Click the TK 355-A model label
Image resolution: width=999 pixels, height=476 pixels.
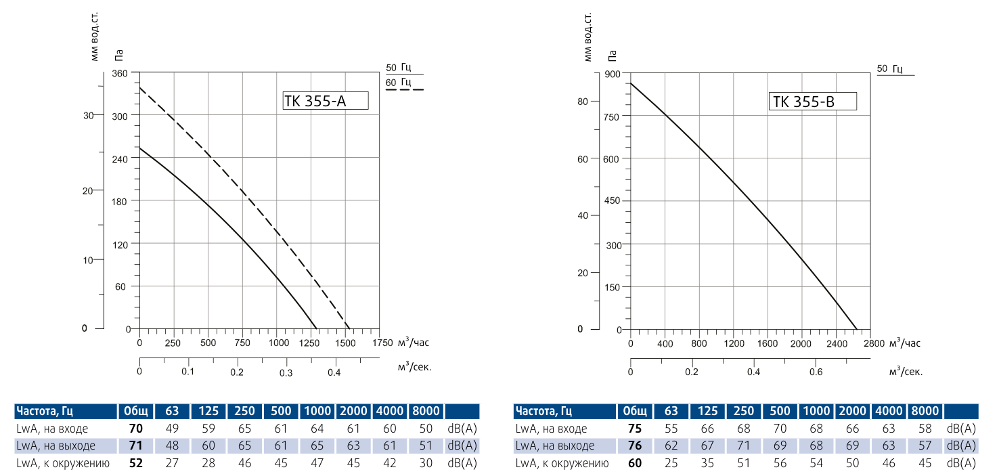[x=325, y=101]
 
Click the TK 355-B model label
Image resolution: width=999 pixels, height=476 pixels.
[x=813, y=102]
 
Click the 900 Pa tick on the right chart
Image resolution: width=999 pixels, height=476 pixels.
[x=613, y=74]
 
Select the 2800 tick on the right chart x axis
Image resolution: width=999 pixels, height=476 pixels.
[x=873, y=343]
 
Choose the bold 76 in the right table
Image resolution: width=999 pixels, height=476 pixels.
[x=634, y=446]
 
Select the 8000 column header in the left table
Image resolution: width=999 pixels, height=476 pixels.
[x=425, y=411]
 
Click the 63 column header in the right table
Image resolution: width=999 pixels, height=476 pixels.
[x=671, y=411]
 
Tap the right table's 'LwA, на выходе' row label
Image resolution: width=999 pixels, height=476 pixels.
[x=555, y=446]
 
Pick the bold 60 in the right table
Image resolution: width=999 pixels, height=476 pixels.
[x=634, y=463]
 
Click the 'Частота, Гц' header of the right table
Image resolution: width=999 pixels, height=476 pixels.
[x=543, y=411]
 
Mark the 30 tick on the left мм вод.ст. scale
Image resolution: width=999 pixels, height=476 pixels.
[x=88, y=115]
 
